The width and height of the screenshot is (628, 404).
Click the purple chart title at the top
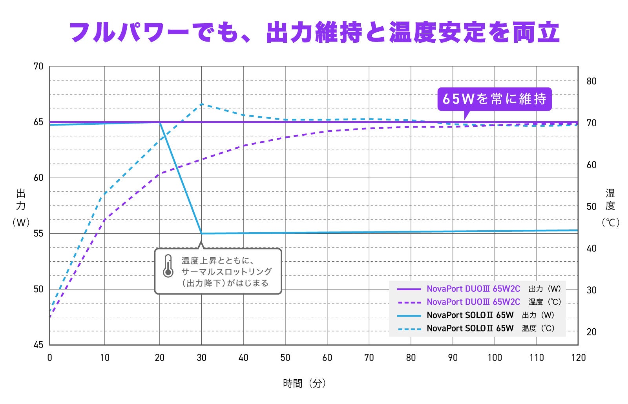tap(314, 33)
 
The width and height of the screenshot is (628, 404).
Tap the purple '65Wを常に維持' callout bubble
tap(495, 99)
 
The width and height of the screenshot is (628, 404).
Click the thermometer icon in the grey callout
tap(168, 266)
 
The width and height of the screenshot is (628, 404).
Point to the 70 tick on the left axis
tap(39, 66)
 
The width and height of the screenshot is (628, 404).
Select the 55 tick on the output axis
tap(39, 233)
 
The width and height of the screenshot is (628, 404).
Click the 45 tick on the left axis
tap(39, 345)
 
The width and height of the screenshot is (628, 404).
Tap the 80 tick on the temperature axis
tap(591, 81)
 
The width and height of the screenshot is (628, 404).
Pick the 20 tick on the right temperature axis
tap(591, 332)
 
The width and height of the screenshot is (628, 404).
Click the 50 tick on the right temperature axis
tap(591, 207)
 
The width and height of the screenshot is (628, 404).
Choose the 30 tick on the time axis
tap(202, 358)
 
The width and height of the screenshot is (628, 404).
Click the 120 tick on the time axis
tap(579, 358)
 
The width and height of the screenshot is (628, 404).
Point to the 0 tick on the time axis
tap(49, 358)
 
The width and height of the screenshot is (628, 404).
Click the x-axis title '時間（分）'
tap(305, 383)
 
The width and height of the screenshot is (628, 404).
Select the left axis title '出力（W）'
tap(21, 207)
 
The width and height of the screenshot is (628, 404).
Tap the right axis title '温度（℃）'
tap(610, 207)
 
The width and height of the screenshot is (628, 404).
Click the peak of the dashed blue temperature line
tap(202, 104)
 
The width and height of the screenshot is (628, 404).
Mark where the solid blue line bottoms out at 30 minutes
tap(202, 233)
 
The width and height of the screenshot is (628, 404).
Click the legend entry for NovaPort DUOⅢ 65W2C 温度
tap(479, 302)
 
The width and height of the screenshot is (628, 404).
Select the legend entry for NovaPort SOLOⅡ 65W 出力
tap(476, 315)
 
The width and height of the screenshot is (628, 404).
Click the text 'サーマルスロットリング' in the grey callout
tap(226, 271)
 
